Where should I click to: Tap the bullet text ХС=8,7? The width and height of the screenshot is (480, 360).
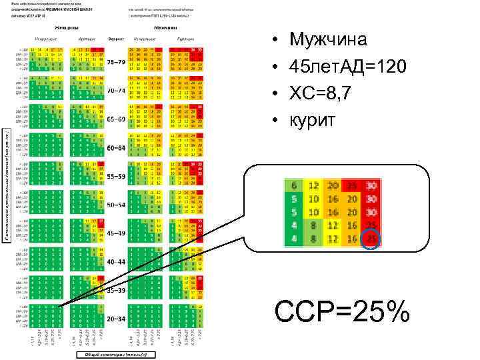(x=322, y=93)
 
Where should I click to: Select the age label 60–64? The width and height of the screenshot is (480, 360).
(x=116, y=147)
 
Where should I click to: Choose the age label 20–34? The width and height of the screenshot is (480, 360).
(x=116, y=319)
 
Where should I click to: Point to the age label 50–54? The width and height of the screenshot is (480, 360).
(x=116, y=205)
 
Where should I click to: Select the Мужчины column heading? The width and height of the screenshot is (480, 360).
(x=165, y=29)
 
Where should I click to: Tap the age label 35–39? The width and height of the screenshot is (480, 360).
(x=116, y=291)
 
